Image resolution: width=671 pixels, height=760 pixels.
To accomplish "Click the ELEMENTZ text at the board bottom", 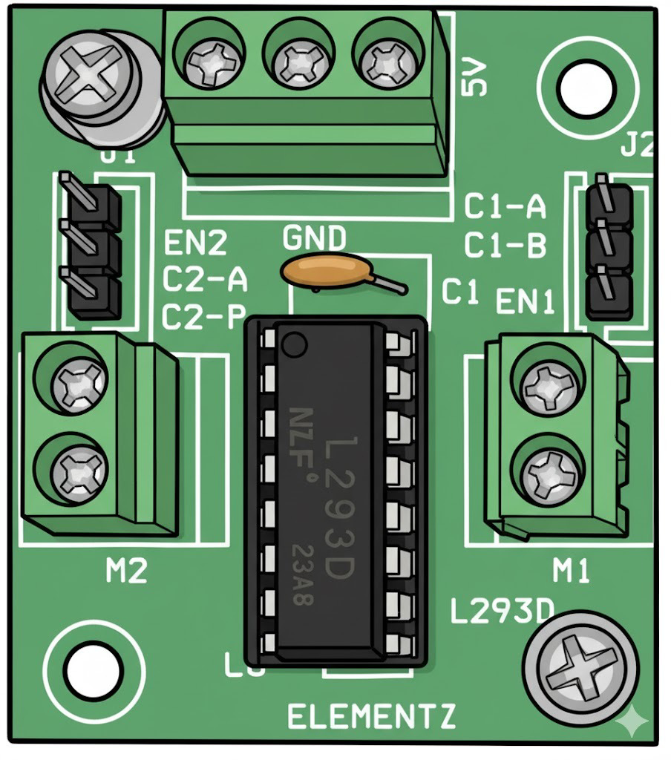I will (x=371, y=716).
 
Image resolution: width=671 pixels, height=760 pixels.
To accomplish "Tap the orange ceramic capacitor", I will (x=324, y=272).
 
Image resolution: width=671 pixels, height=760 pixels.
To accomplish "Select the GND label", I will (x=314, y=239).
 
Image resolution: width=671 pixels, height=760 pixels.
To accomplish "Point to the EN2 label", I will (x=195, y=244).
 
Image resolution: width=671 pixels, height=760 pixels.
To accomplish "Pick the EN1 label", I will (x=525, y=302).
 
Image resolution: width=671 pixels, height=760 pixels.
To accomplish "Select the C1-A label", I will (x=505, y=207).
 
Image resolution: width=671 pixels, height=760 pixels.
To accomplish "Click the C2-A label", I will (x=205, y=281).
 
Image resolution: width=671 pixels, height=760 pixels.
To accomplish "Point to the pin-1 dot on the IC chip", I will (x=295, y=344).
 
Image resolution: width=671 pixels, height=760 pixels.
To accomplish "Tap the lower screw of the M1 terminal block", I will (x=549, y=472).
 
